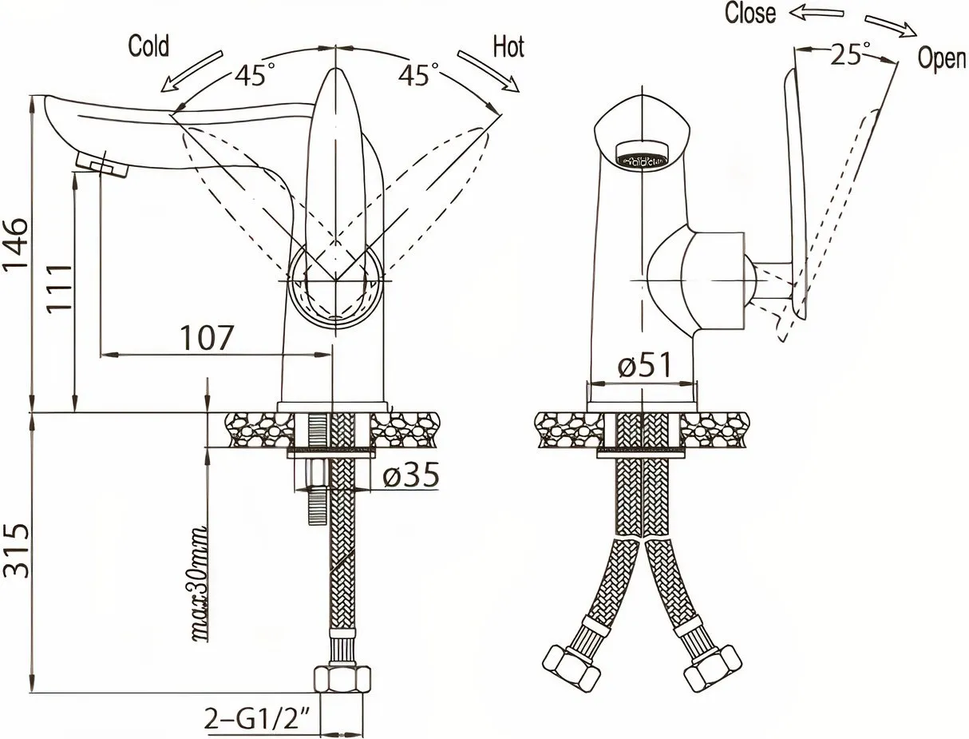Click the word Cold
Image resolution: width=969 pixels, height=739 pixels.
click(148, 46)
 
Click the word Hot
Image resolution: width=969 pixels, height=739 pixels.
click(508, 47)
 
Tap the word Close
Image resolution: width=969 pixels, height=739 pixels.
click(750, 14)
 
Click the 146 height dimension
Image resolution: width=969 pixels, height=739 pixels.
click(15, 244)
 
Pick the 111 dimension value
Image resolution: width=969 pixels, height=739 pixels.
click(59, 289)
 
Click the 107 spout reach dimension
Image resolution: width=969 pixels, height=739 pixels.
click(206, 339)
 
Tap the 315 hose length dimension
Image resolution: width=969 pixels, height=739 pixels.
click(15, 550)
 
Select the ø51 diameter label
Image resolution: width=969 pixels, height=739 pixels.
click(644, 366)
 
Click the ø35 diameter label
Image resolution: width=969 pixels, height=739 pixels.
click(411, 475)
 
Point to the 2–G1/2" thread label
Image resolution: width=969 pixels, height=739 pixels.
click(256, 717)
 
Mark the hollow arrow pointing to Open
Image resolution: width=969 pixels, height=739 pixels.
click(891, 26)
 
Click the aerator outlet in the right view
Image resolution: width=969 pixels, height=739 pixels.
click(645, 153)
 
